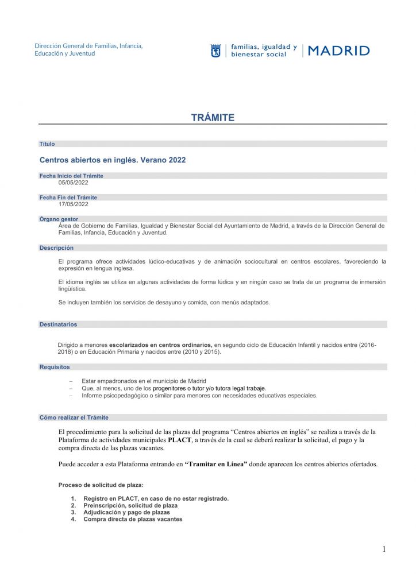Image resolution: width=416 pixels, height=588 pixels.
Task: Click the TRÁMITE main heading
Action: pos(213,118)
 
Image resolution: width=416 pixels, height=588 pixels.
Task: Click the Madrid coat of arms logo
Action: pos(215,51)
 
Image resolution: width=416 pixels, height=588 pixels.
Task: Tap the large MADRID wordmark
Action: pos(339,51)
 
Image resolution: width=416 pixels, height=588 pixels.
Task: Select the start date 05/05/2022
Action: pos(73,183)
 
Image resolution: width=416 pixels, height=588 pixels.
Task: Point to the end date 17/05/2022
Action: pos(73,204)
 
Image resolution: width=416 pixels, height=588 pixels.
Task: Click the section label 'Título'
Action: pos(47,144)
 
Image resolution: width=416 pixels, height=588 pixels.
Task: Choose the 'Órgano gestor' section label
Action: pos(59,219)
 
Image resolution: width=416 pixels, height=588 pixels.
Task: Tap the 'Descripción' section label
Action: pos(56,248)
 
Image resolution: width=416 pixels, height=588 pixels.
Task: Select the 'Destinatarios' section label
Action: pos(58,324)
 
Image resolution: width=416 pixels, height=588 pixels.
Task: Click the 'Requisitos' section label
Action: pos(55,366)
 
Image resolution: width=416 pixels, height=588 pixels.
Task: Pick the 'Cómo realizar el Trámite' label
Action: pos(74,417)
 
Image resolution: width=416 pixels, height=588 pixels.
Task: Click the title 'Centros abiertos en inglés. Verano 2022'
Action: pos(113,160)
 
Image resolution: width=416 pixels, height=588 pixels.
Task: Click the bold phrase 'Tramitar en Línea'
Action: pos(216,464)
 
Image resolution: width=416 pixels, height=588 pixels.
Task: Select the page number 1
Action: pos(384,550)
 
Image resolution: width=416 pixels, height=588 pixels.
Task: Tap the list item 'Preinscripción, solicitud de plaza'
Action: pos(130,505)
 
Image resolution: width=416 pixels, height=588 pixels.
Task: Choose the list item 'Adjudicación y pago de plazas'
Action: pos(126,512)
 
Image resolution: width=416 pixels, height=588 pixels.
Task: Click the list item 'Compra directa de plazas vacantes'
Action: pos(133,519)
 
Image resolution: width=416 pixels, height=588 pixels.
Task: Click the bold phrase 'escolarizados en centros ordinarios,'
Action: pos(161,345)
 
